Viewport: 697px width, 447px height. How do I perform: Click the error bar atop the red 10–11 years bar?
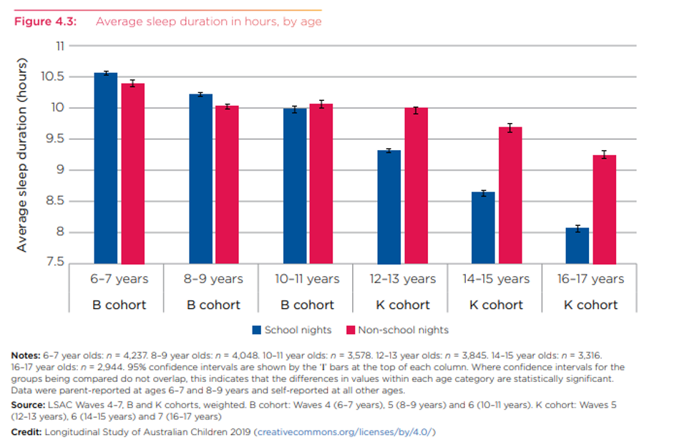(321, 104)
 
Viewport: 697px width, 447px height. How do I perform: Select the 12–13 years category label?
(403, 279)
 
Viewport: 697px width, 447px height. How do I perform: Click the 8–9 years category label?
(213, 279)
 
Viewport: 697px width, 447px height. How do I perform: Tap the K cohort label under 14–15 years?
(497, 305)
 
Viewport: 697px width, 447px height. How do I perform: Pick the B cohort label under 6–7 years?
(119, 305)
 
